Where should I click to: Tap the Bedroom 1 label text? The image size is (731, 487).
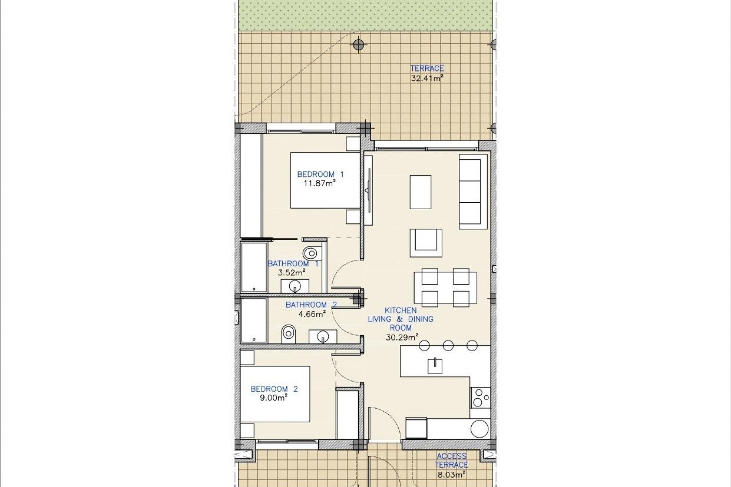click(x=320, y=174)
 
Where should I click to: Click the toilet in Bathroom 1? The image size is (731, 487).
click(x=311, y=252)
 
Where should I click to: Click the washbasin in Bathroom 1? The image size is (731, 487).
click(x=295, y=286)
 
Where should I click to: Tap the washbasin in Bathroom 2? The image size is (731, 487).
click(x=322, y=336)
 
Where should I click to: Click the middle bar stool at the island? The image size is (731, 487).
click(x=448, y=345)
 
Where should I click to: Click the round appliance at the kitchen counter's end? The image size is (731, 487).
click(x=479, y=429)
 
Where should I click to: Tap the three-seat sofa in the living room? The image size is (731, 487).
click(x=473, y=192)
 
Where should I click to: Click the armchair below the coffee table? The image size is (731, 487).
click(x=426, y=243)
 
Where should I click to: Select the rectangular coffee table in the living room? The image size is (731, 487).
click(x=420, y=192)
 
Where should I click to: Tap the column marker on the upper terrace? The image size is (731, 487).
click(x=358, y=45)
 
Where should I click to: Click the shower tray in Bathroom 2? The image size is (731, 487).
click(x=254, y=320)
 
